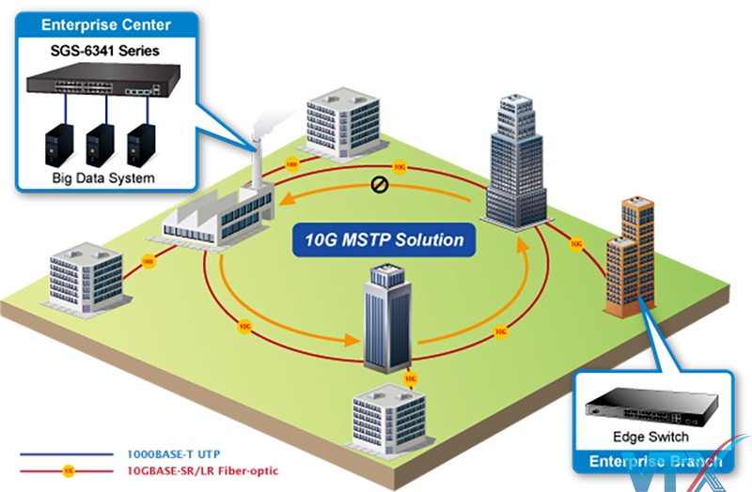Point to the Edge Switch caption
point(650,437)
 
